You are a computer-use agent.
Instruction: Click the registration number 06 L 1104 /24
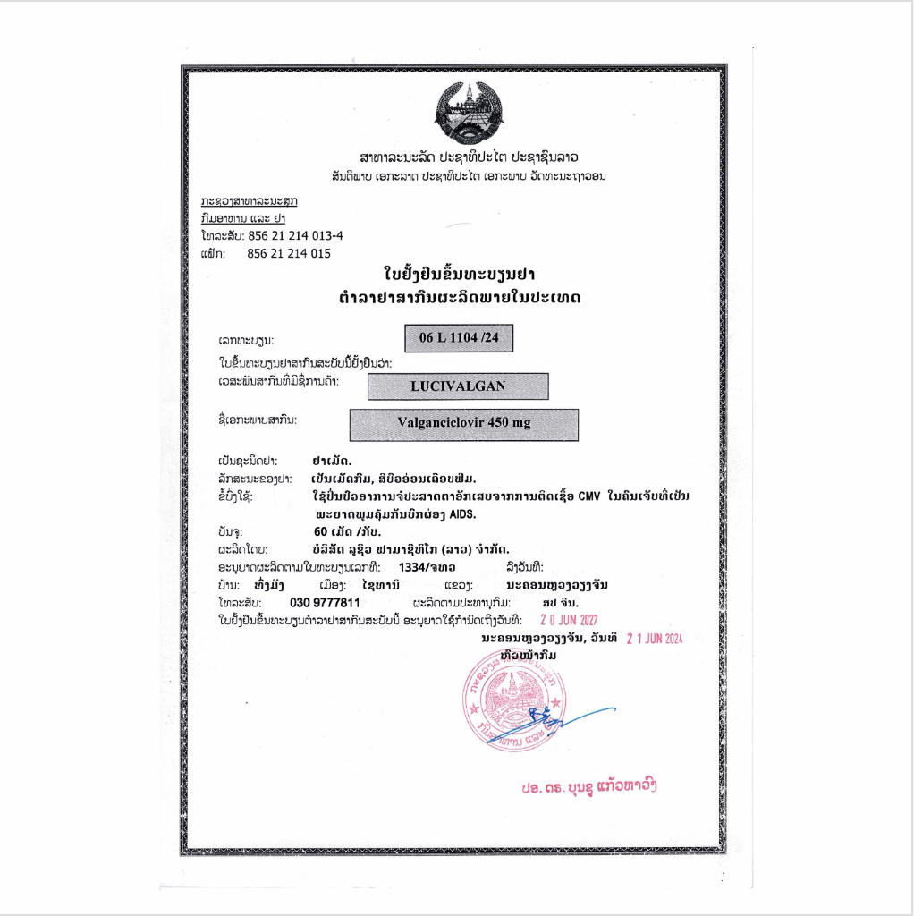point(457,337)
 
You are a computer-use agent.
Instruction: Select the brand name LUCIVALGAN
point(458,386)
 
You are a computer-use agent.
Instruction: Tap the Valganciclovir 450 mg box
point(463,424)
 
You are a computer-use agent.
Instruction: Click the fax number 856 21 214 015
point(289,253)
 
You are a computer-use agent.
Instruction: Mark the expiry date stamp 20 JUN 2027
point(570,620)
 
